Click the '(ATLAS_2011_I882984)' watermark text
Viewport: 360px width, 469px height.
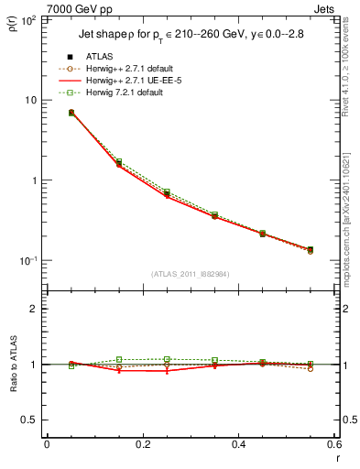click(x=190, y=274)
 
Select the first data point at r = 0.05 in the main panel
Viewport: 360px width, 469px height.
click(x=71, y=113)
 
